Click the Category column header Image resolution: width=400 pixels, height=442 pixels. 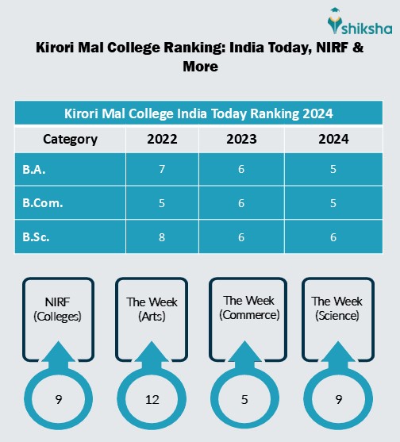pyautogui.click(x=70, y=140)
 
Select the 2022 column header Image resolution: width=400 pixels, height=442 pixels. pyautogui.click(x=162, y=140)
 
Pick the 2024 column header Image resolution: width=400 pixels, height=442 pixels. pyautogui.click(x=333, y=140)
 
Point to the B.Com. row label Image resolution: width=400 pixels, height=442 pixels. pyautogui.click(x=70, y=203)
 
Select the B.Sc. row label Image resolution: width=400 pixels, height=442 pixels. pyautogui.click(x=70, y=236)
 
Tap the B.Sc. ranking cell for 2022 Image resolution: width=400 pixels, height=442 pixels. pyautogui.click(x=162, y=236)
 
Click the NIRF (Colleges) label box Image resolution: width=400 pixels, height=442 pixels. pyautogui.click(x=58, y=308)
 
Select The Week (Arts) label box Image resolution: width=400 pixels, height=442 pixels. pyautogui.click(x=152, y=308)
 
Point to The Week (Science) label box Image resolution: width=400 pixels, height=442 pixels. pyautogui.click(x=337, y=308)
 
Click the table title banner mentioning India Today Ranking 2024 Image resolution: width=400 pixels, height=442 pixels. pyautogui.click(x=198, y=112)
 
